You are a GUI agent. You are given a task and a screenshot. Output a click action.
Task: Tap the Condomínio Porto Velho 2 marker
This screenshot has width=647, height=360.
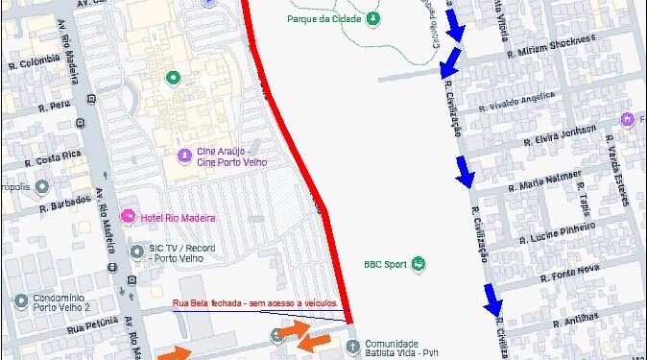[21, 300]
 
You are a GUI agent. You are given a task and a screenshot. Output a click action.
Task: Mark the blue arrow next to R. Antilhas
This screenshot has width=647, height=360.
[493, 303]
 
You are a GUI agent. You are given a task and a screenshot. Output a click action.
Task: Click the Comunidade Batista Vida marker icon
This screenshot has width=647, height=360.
[351, 344]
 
